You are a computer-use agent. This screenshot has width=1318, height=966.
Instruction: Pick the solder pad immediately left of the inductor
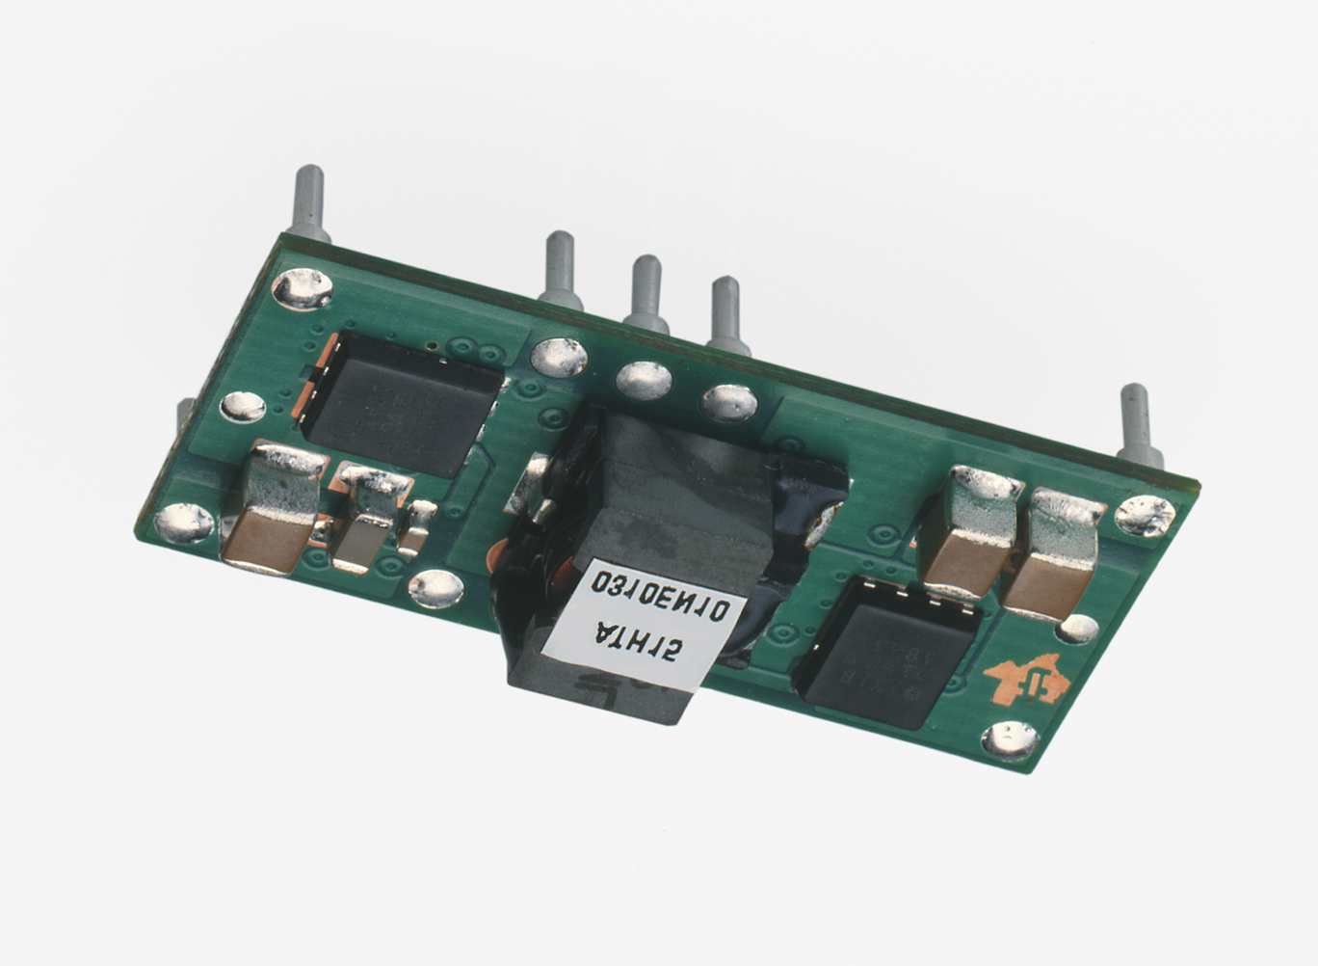pos(435,588)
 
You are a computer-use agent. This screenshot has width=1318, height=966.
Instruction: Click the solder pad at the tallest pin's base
pos(303,291)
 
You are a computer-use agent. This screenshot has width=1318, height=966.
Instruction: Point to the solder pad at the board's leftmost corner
pos(183,523)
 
